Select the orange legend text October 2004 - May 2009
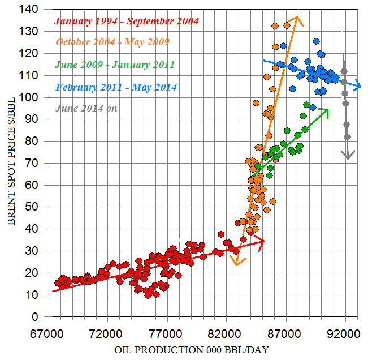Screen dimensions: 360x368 coord(112,42)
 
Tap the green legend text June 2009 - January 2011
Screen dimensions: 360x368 coord(115,65)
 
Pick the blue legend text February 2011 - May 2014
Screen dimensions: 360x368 coord(116,87)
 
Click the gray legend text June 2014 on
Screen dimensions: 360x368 coord(86,108)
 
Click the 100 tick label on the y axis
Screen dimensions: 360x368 coord(31,97)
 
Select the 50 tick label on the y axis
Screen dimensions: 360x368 coord(33,207)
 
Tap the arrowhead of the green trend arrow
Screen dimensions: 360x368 coord(326,110)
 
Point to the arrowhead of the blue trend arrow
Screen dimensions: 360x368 coord(358,86)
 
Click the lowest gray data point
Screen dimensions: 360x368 coord(347,137)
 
